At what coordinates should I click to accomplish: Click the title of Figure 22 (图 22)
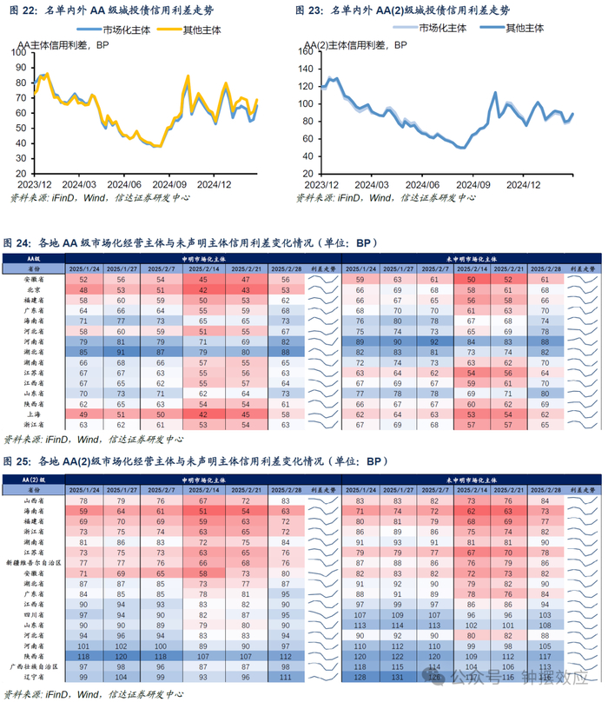coord(113,10)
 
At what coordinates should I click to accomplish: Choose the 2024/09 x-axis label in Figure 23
coord(474,184)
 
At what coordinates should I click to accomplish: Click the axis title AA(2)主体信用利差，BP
coord(356,44)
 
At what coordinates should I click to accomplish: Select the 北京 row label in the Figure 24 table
coord(35,290)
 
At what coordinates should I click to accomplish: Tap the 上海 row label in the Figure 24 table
coord(35,414)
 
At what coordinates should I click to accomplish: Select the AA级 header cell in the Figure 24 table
coord(35,260)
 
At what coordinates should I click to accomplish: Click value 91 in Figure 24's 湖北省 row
coord(122,353)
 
